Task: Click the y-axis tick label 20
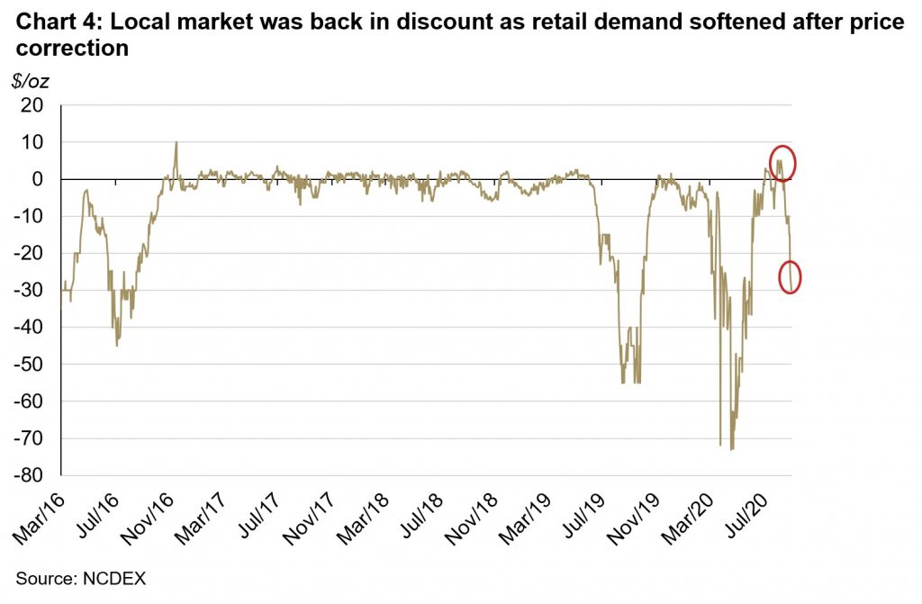[33, 105]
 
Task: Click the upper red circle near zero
[782, 163]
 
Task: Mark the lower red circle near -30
[790, 277]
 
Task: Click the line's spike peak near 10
[176, 142]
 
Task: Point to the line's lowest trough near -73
[732, 448]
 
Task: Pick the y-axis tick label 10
[33, 142]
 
